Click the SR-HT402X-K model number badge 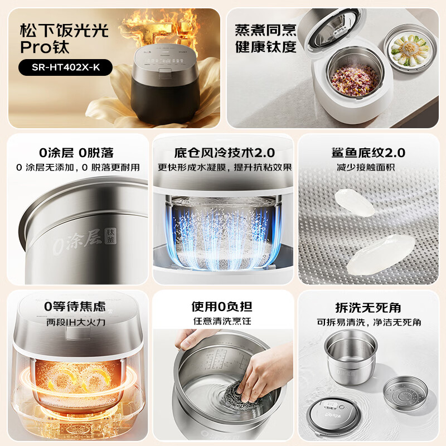tap(65, 67)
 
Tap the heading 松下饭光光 tap(64, 31)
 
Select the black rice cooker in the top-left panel tap(165, 84)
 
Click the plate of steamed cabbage tap(410, 49)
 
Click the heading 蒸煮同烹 tap(266, 31)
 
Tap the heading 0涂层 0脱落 tap(76, 153)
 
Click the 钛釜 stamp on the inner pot tap(110, 235)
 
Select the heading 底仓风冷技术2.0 tap(225, 153)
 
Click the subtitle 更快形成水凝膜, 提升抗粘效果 tap(225, 167)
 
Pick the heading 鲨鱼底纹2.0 tap(368, 153)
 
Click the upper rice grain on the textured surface tap(355, 202)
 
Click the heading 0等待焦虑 tap(75, 306)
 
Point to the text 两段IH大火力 tap(76, 322)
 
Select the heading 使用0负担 tap(221, 307)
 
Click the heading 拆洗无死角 tap(368, 308)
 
